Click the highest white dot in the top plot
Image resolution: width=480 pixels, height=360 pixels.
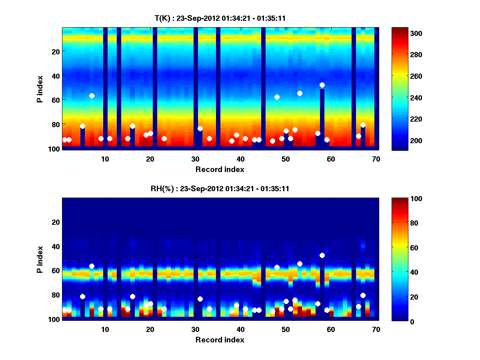coord(322,85)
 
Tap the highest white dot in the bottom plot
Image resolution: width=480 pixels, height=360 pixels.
coord(322,255)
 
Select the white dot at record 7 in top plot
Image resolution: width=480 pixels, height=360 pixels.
coord(92,96)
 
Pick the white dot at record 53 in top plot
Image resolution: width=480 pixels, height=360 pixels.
coord(300,93)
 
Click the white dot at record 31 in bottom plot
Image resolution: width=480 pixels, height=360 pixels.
coord(200,299)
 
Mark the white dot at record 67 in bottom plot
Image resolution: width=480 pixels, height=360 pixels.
coord(363,295)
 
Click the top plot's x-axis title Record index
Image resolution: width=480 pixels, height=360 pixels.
coord(220,169)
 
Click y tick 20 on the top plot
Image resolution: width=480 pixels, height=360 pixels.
coord(55,51)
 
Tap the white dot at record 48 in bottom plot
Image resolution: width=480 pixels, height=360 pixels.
coord(277,267)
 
